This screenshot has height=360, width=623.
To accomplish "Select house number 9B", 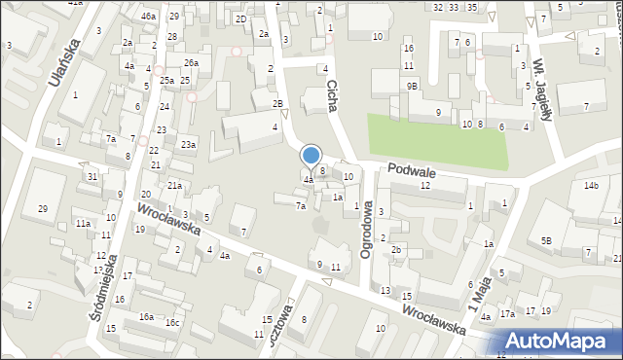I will point(413,86).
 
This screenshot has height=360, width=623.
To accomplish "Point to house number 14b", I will point(591,185).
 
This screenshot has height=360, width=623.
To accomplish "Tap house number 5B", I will point(547,240).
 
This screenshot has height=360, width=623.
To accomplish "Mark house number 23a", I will point(188,145).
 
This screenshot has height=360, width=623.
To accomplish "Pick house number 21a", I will point(174,185).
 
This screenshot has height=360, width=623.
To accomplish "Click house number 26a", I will point(192,63).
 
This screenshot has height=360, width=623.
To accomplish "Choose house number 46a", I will point(148,17).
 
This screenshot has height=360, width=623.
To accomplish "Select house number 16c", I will point(172,323).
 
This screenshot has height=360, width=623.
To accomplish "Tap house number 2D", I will point(240,18).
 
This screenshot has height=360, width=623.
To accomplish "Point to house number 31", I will point(92,176).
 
